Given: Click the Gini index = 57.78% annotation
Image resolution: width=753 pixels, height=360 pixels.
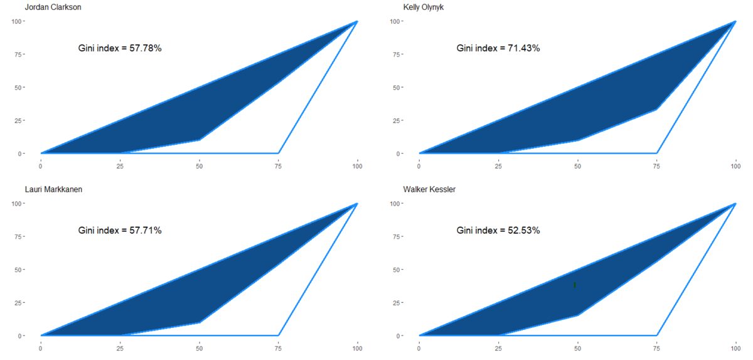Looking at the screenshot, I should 120,48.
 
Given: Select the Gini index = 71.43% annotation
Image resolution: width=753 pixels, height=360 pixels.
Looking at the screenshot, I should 498,48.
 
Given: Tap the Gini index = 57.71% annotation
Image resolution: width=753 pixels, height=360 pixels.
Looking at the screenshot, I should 120,230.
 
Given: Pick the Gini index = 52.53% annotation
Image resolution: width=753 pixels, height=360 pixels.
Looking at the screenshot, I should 498,230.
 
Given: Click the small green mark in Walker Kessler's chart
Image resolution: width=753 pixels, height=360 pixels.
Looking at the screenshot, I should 575,285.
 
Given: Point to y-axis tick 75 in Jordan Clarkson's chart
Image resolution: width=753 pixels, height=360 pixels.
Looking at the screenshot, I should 19,55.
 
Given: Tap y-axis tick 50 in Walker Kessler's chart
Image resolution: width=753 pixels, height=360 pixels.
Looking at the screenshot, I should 397,270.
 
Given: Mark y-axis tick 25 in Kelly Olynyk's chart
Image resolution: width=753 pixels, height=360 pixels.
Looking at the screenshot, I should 397,120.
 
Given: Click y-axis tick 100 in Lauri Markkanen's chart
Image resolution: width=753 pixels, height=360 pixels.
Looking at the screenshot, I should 18,204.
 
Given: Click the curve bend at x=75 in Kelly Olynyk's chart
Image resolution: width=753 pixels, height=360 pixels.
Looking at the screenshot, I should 656,109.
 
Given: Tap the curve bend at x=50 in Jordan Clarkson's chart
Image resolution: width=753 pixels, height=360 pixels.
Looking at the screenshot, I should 200,139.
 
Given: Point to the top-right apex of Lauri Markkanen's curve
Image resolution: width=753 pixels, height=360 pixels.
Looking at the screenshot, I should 357,204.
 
